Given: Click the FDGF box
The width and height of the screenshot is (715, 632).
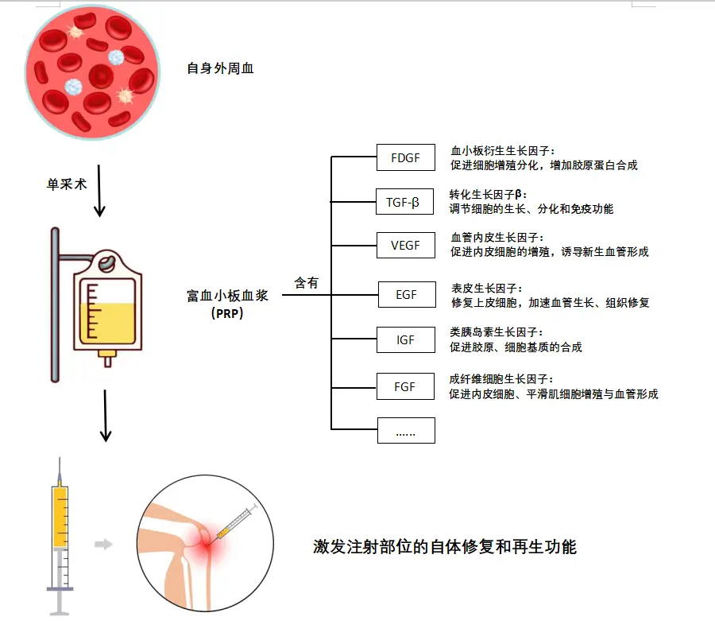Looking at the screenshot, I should [405, 157].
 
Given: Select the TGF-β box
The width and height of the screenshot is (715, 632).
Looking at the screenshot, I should [405, 202].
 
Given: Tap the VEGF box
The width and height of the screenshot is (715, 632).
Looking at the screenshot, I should [405, 245].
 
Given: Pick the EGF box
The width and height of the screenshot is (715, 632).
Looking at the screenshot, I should [406, 295].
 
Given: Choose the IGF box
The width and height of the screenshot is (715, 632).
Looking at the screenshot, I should [405, 339].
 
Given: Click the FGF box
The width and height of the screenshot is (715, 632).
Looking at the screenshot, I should [405, 386].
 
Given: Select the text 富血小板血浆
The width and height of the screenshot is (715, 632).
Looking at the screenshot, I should [227, 296].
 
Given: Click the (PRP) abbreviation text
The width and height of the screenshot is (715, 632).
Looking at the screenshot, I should [227, 313].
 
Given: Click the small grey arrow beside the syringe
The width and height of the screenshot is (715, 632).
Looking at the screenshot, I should [102, 545].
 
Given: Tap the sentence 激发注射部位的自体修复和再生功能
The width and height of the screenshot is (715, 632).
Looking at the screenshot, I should [444, 547].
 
